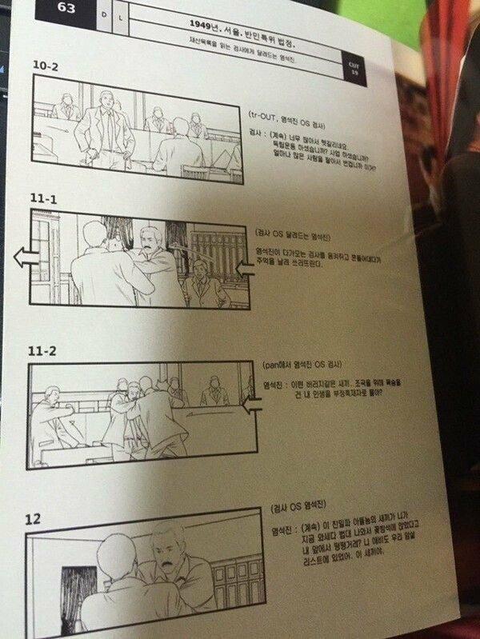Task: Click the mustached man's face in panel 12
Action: pyautogui.click(x=167, y=552)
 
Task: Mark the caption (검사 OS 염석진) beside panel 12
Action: pyautogui.click(x=301, y=510)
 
